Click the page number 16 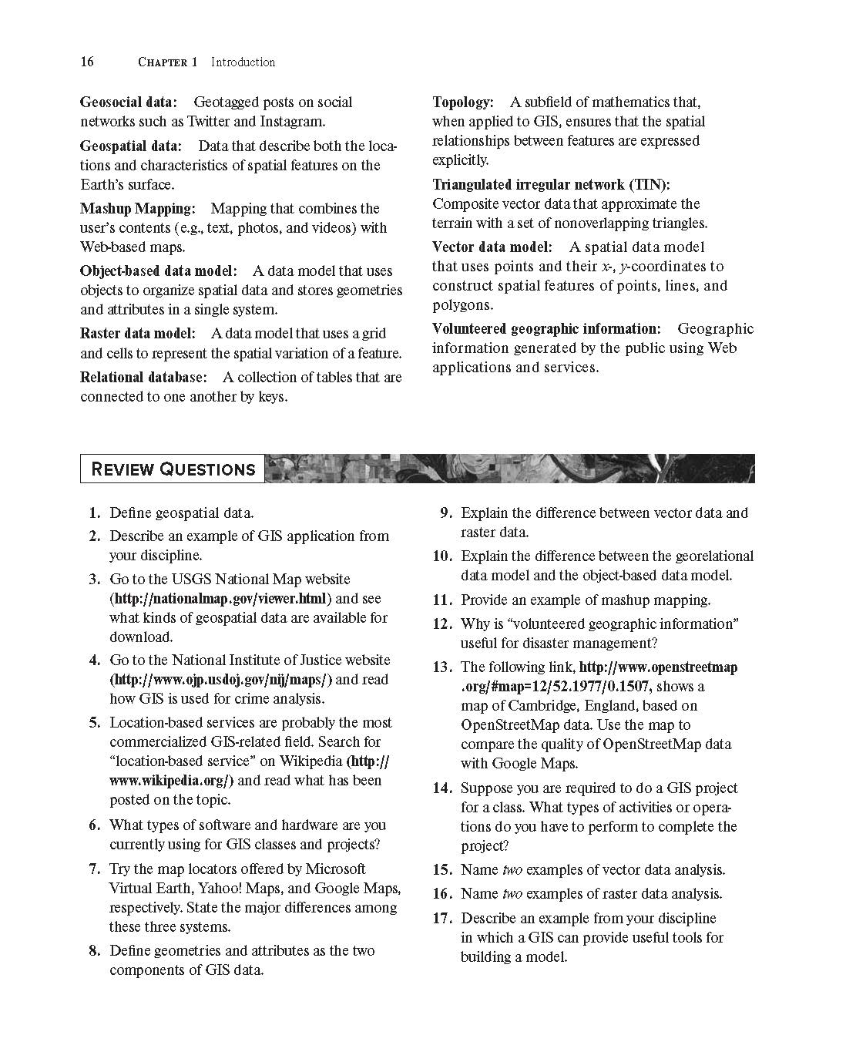(x=87, y=62)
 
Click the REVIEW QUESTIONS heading (x=173, y=469)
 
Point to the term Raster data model (x=138, y=334)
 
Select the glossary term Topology (x=463, y=103)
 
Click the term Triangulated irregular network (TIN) (x=551, y=185)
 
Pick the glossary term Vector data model (x=492, y=247)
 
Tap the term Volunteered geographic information (x=546, y=329)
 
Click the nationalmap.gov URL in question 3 (x=221, y=599)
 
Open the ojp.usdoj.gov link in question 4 (x=221, y=680)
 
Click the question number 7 (x=94, y=869)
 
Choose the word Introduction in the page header (x=243, y=62)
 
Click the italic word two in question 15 (x=512, y=870)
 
